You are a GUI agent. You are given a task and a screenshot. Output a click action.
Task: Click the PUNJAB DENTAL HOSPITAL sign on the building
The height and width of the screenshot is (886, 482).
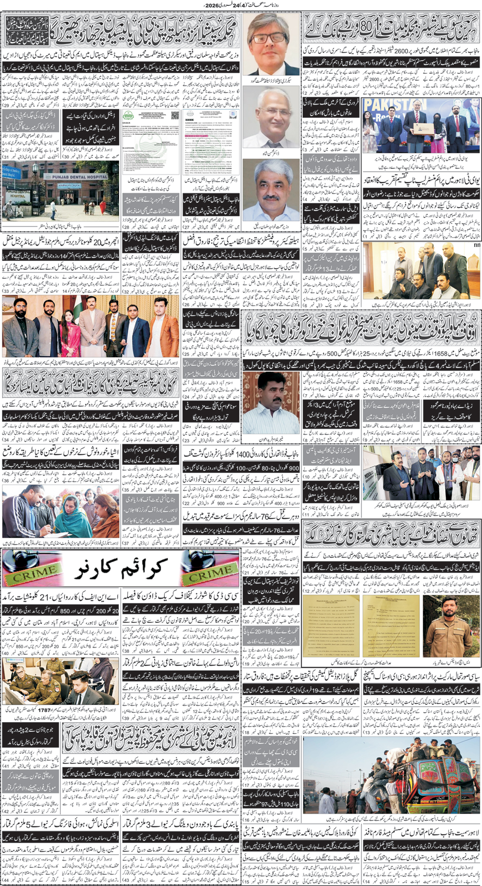tap(77, 176)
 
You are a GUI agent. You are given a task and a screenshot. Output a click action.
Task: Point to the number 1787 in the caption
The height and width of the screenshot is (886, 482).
tap(44, 710)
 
